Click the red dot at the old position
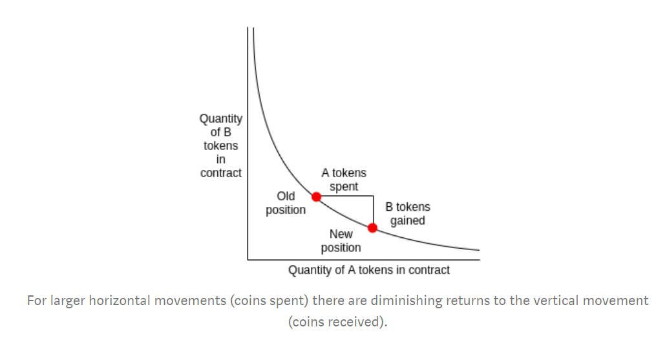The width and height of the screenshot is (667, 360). (316, 196)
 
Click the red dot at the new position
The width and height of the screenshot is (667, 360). (372, 228)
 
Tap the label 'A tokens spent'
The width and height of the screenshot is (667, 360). (344, 180)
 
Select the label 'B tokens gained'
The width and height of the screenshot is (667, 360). (408, 214)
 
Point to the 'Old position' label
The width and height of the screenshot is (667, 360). (286, 203)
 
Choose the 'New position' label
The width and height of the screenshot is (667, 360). (341, 240)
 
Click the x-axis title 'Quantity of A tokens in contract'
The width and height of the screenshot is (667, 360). (369, 270)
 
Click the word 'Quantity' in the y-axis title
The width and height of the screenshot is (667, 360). (221, 119)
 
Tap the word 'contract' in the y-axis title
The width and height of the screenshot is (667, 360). (221, 173)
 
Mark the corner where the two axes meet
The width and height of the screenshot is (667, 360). (248, 260)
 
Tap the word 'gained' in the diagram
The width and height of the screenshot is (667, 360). (408, 221)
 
